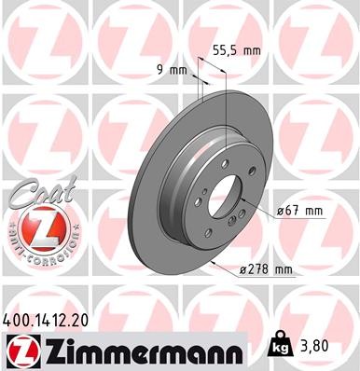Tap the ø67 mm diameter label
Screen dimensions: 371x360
pyautogui.click(x=301, y=211)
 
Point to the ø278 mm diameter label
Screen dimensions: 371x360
pyautogui.click(x=267, y=270)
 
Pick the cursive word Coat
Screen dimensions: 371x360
pyautogui.click(x=30, y=193)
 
